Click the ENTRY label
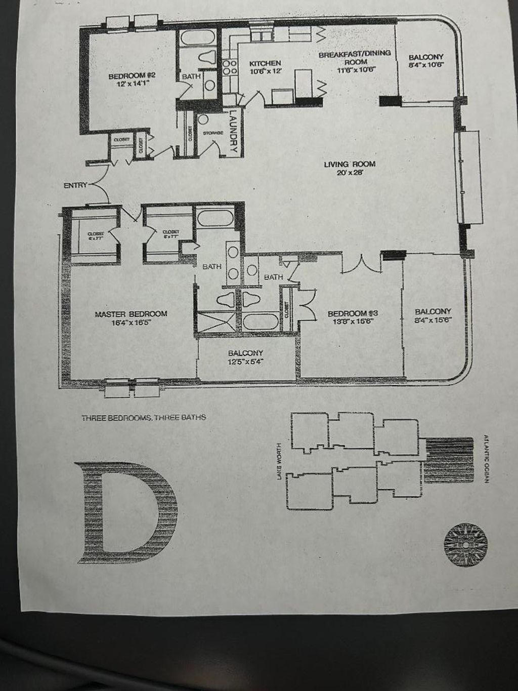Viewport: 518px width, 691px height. [x=75, y=185]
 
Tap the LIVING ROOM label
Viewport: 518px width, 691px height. [x=350, y=164]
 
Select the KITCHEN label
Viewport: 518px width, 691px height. [x=265, y=63]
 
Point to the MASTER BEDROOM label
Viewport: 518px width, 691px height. [x=131, y=314]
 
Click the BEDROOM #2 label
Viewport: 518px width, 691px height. [x=127, y=76]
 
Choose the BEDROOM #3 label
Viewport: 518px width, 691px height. [x=353, y=313]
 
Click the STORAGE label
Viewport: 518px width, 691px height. [x=213, y=133]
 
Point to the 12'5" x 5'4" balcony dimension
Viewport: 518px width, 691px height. [x=245, y=362]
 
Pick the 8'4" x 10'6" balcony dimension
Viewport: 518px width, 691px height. [x=426, y=65]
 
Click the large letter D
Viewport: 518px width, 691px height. [x=126, y=514]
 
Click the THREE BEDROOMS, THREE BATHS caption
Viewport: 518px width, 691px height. [x=144, y=418]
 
